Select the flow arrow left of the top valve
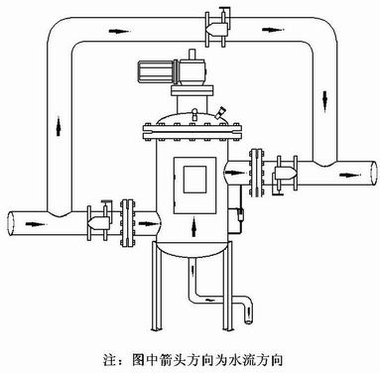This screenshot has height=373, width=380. tap(119, 33)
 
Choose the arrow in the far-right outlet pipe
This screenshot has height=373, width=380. tap(342, 169)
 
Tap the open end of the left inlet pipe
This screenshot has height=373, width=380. tap(10, 221)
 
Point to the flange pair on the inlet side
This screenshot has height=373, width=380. tap(126, 217)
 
